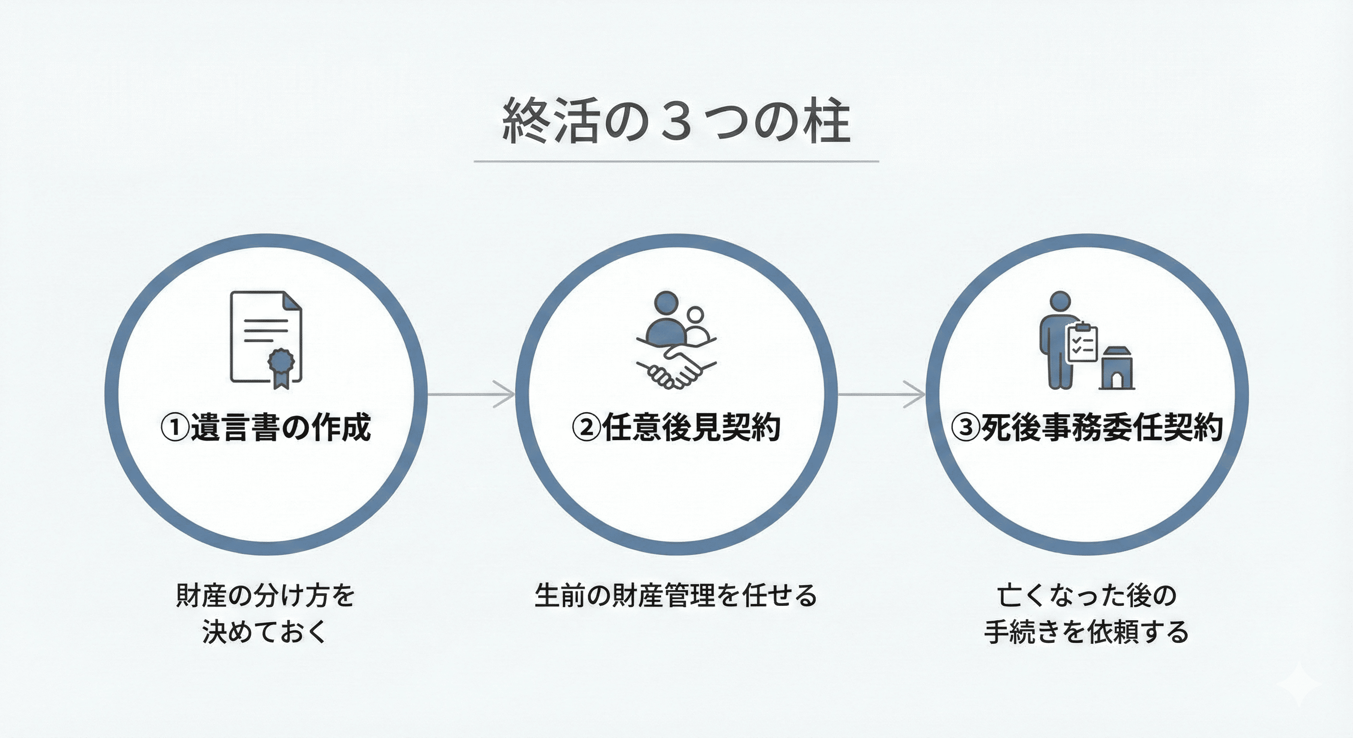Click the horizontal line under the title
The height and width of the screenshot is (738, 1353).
[676, 161]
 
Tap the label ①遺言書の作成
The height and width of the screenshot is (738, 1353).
[266, 427]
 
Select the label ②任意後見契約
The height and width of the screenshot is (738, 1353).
[676, 427]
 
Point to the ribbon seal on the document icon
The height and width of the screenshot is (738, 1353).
[281, 366]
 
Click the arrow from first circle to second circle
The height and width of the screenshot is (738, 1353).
[471, 394]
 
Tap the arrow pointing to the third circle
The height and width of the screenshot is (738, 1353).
[881, 394]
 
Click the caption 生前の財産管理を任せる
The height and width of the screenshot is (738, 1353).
[676, 596]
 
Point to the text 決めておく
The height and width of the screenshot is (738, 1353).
[265, 631]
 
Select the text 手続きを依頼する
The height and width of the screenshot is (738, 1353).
[1086, 632]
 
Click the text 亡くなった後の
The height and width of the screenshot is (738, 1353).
[1086, 596]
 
